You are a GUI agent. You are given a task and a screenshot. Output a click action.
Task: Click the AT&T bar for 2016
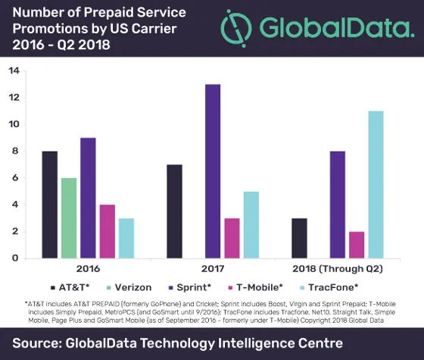[49, 205]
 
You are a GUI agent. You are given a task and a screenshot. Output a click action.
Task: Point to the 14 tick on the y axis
[14, 71]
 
